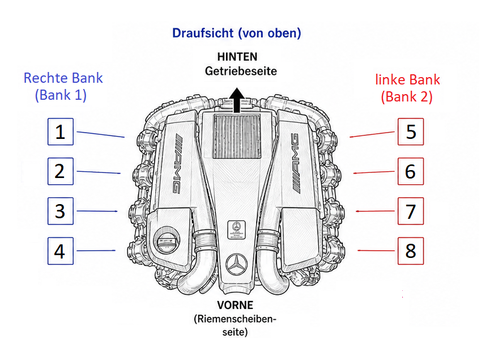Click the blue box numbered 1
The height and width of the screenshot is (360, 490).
click(x=61, y=132)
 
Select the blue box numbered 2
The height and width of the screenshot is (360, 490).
click(x=61, y=171)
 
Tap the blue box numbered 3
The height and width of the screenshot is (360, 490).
click(x=61, y=211)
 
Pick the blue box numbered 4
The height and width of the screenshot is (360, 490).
click(x=61, y=251)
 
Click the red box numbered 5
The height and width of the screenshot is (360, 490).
click(x=411, y=132)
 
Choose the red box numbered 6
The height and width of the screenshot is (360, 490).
click(x=411, y=171)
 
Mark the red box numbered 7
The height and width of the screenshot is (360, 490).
click(x=411, y=211)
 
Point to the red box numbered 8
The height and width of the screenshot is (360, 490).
click(x=411, y=251)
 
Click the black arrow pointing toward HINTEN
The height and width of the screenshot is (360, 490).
click(x=237, y=100)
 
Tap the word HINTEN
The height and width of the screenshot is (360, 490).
click(x=237, y=57)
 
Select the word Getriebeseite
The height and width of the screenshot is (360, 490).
click(x=241, y=71)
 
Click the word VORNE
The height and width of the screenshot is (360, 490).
click(x=235, y=305)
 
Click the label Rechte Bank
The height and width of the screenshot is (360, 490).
click(x=63, y=78)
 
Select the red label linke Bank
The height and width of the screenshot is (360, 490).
click(x=407, y=80)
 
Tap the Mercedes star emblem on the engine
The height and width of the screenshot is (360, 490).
click(x=237, y=265)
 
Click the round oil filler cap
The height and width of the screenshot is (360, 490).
click(x=167, y=240)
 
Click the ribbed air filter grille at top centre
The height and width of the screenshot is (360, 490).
click(x=237, y=136)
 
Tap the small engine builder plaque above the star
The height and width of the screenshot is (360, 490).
click(x=236, y=230)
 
